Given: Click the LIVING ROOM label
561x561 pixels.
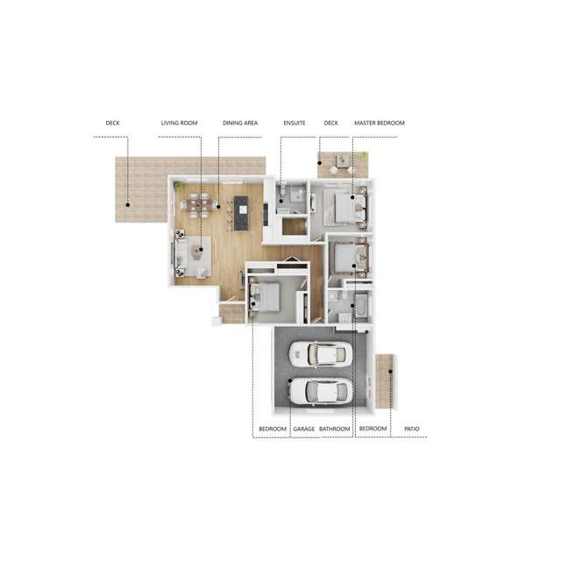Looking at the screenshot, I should click(179, 124).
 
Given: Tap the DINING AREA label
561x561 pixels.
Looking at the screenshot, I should click(239, 124).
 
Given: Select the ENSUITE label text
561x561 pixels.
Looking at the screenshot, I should click(294, 124).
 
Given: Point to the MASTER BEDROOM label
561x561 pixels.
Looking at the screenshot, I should click(379, 124).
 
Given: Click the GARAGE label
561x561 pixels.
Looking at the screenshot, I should click(304, 429).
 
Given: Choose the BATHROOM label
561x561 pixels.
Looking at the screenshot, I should click(335, 429).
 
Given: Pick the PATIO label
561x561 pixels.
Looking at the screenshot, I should click(411, 429).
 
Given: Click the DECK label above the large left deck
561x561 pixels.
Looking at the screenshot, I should click(112, 124).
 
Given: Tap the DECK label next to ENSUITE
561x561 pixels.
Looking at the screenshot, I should click(330, 124).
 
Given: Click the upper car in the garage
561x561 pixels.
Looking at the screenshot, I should click(320, 354).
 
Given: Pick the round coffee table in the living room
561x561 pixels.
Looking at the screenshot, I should click(200, 249).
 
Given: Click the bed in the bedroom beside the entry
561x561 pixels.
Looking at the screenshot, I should click(266, 297).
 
